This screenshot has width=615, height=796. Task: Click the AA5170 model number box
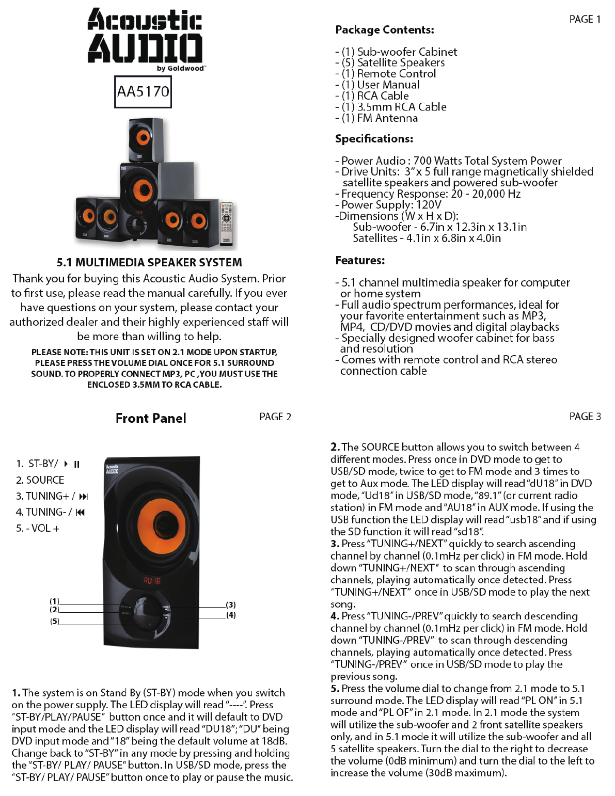tap(143, 92)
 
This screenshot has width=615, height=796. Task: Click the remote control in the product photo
tap(227, 222)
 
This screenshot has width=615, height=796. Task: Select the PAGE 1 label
tap(585, 20)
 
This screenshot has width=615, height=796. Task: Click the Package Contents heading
tap(385, 30)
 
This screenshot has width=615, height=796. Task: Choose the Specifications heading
tap(374, 139)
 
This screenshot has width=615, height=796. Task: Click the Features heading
tap(360, 261)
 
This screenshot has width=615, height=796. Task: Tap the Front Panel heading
tap(151, 418)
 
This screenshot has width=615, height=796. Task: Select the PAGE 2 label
tap(275, 417)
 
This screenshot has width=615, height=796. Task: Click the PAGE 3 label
tap(585, 417)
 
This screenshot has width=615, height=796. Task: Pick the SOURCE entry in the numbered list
tap(40, 480)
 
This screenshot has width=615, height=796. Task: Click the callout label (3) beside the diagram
tap(231, 604)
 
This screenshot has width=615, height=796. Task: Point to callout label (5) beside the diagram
tap(55, 622)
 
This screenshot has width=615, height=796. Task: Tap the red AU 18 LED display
tap(152, 581)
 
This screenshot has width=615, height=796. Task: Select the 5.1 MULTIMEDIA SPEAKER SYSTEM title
tap(149, 262)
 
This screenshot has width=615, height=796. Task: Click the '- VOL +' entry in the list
tap(38, 529)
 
